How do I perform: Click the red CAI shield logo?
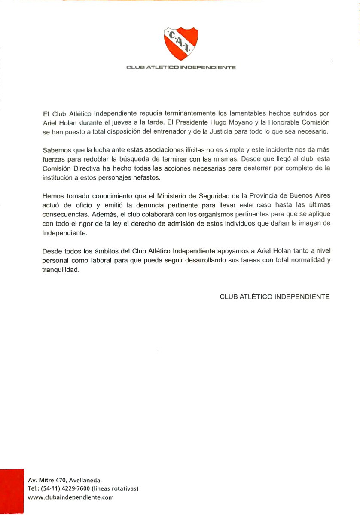(180, 44)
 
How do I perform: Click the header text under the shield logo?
(180, 67)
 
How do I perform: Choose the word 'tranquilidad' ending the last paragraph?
(61, 270)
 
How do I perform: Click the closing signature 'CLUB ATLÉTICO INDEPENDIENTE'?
(275, 296)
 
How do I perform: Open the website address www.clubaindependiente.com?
(70, 497)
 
